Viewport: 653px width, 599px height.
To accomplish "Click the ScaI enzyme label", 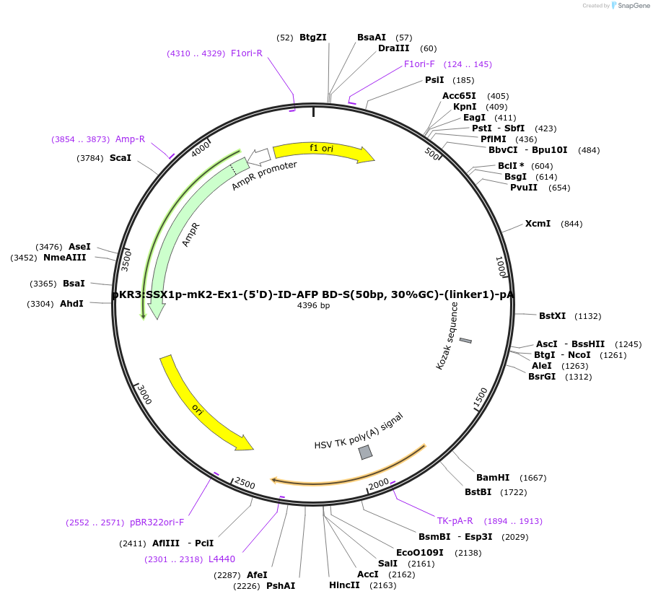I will tap(120, 157).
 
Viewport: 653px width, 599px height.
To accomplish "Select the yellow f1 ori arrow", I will tap(323, 150).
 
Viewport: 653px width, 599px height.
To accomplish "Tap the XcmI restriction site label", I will tap(538, 224).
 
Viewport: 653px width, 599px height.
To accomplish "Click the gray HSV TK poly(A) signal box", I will tap(366, 452).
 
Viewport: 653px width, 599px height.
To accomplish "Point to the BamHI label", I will tap(493, 478).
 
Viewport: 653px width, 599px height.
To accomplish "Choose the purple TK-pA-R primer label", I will tap(455, 521).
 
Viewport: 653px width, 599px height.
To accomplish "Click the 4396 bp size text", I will tap(313, 305).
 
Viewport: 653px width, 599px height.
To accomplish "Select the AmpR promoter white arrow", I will tap(258, 155).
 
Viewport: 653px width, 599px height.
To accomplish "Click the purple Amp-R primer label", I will tap(130, 139).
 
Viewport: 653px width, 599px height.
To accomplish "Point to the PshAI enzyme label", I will tap(281, 586).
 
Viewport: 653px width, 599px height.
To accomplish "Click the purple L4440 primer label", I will tap(222, 559).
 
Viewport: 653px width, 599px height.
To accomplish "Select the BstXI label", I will tap(553, 316).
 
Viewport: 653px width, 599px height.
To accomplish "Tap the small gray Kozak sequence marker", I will tap(465, 340).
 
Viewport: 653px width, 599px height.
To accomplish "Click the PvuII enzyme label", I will tap(524, 188).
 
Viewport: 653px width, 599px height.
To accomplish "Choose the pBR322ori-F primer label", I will tap(157, 523).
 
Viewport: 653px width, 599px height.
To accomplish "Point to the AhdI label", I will tap(71, 304).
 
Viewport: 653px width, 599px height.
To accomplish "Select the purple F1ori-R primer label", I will tap(247, 53).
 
